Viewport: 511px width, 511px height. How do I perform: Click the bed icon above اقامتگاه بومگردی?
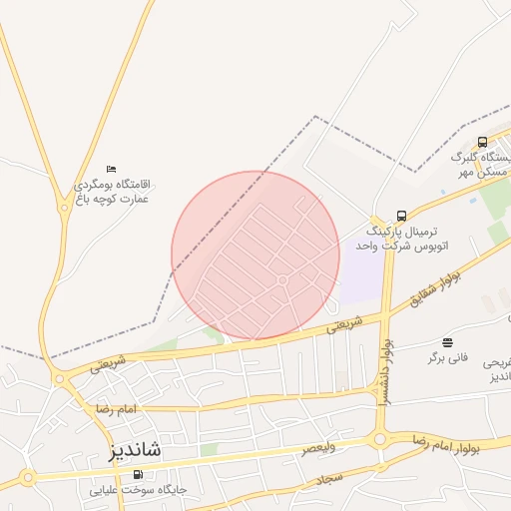tap(111, 170)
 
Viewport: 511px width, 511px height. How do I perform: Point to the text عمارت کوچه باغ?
tap(113, 199)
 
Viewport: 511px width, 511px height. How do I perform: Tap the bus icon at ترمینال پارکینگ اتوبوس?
tap(401, 216)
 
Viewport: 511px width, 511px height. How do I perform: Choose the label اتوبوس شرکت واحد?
tap(396, 245)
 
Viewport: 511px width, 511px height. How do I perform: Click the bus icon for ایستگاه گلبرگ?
tap(483, 142)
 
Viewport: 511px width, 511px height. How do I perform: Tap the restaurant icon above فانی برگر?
tap(446, 342)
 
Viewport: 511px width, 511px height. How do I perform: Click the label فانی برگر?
tap(449, 357)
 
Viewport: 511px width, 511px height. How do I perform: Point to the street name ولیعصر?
tap(319, 448)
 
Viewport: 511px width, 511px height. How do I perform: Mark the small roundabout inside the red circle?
tap(282, 280)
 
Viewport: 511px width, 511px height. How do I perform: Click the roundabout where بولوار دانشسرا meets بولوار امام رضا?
tap(380, 439)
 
